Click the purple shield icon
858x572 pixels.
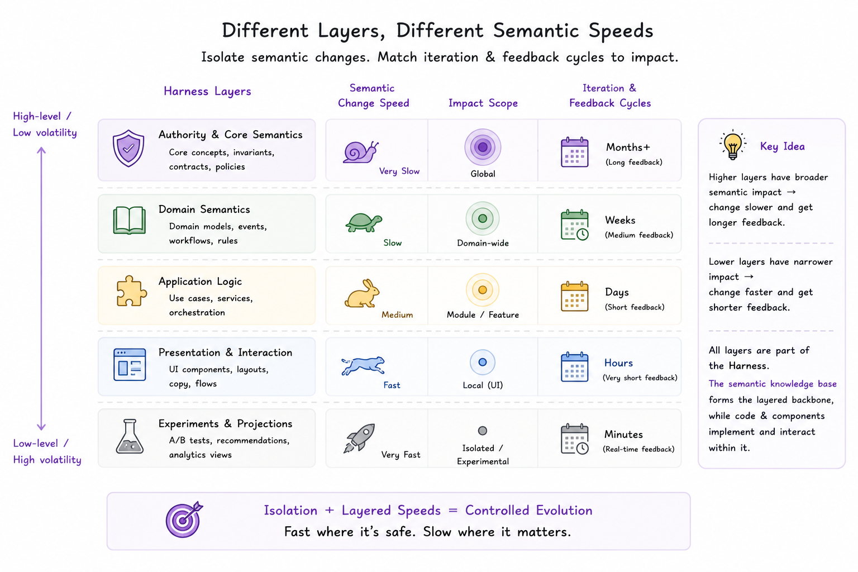tap(128, 149)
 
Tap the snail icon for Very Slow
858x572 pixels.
tap(360, 152)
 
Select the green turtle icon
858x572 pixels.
tap(364, 222)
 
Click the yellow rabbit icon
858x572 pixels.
tap(362, 293)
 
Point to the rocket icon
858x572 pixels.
tap(359, 437)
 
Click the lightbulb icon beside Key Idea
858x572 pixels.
tap(733, 145)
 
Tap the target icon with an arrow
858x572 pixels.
tap(184, 519)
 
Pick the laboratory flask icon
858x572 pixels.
tap(130, 436)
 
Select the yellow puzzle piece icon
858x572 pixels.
tap(131, 291)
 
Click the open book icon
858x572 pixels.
tap(130, 220)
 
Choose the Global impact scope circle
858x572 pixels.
tap(483, 147)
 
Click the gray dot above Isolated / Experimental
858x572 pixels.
tap(483, 431)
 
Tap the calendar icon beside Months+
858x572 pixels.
tap(575, 152)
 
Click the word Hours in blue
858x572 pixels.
tap(618, 363)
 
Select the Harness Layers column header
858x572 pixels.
tap(207, 91)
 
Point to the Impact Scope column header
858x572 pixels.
tap(483, 103)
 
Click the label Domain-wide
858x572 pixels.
tap(483, 243)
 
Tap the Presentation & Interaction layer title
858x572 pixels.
tap(225, 352)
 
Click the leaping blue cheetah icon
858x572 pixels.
tap(363, 365)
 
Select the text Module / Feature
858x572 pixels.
tap(483, 314)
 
